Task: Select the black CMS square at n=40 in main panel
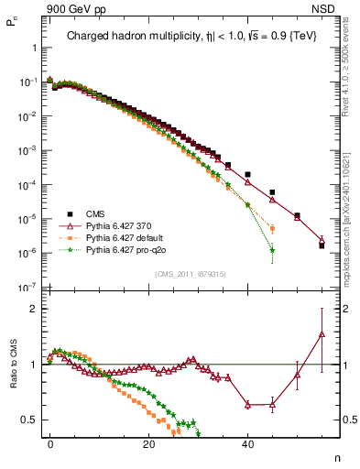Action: click(247, 174)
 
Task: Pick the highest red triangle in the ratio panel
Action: click(322, 334)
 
